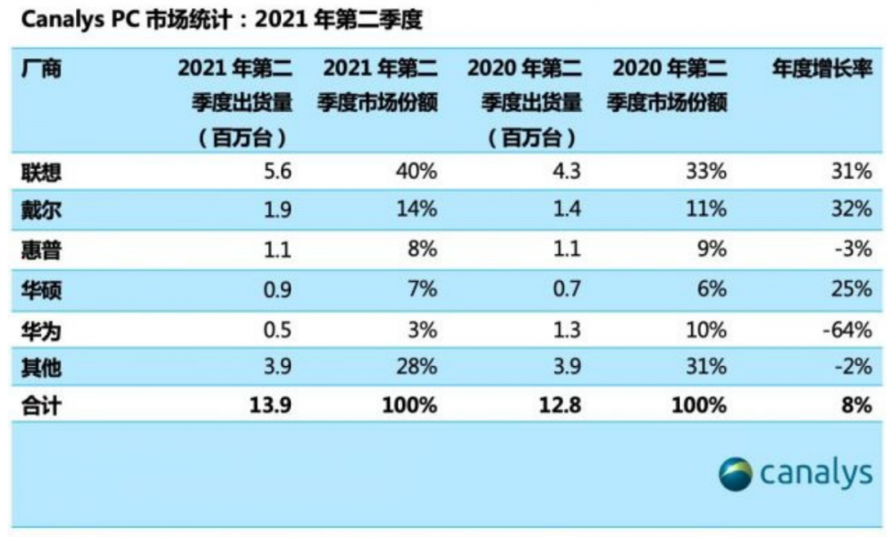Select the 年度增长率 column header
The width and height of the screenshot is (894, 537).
822,68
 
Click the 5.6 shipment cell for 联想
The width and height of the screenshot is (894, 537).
274,171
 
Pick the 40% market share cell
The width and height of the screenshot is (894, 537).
417,171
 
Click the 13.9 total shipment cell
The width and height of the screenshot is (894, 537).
269,405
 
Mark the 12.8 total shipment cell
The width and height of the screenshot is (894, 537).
560,405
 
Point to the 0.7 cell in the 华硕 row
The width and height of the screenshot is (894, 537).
565,289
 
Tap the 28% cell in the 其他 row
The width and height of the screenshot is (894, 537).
417,367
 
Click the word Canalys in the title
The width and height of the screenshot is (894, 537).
52,21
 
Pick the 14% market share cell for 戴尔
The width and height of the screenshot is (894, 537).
417,209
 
